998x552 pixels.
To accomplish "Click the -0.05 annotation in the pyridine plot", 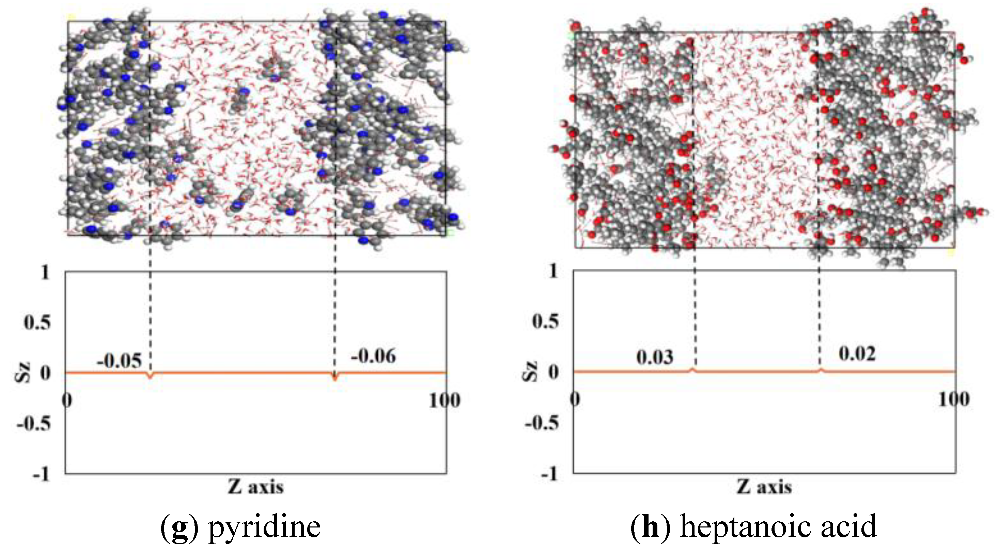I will click(x=119, y=361).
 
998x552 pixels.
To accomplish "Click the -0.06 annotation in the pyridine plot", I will click(x=373, y=356).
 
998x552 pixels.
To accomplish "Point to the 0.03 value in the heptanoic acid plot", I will click(x=655, y=357).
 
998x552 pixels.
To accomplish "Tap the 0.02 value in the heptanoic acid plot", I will click(x=857, y=353).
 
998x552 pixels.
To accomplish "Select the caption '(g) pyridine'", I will click(x=240, y=527).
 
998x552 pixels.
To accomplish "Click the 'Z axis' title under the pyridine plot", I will click(x=256, y=487).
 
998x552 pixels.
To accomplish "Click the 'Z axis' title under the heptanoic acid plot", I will click(x=764, y=487).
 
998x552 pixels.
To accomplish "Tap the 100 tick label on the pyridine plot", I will click(x=445, y=400).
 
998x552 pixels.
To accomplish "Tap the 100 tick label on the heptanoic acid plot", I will click(x=954, y=399).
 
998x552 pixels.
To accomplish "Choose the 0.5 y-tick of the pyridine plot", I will click(x=37, y=322).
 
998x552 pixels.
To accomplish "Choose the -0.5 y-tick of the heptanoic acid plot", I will click(x=542, y=423).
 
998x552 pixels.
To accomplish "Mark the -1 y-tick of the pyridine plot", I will click(x=42, y=474).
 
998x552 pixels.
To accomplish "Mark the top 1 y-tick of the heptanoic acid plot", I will click(x=553, y=271).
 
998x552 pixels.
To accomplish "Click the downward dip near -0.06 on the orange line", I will click(x=335, y=378).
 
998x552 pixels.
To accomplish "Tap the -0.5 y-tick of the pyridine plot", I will click(x=34, y=424).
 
